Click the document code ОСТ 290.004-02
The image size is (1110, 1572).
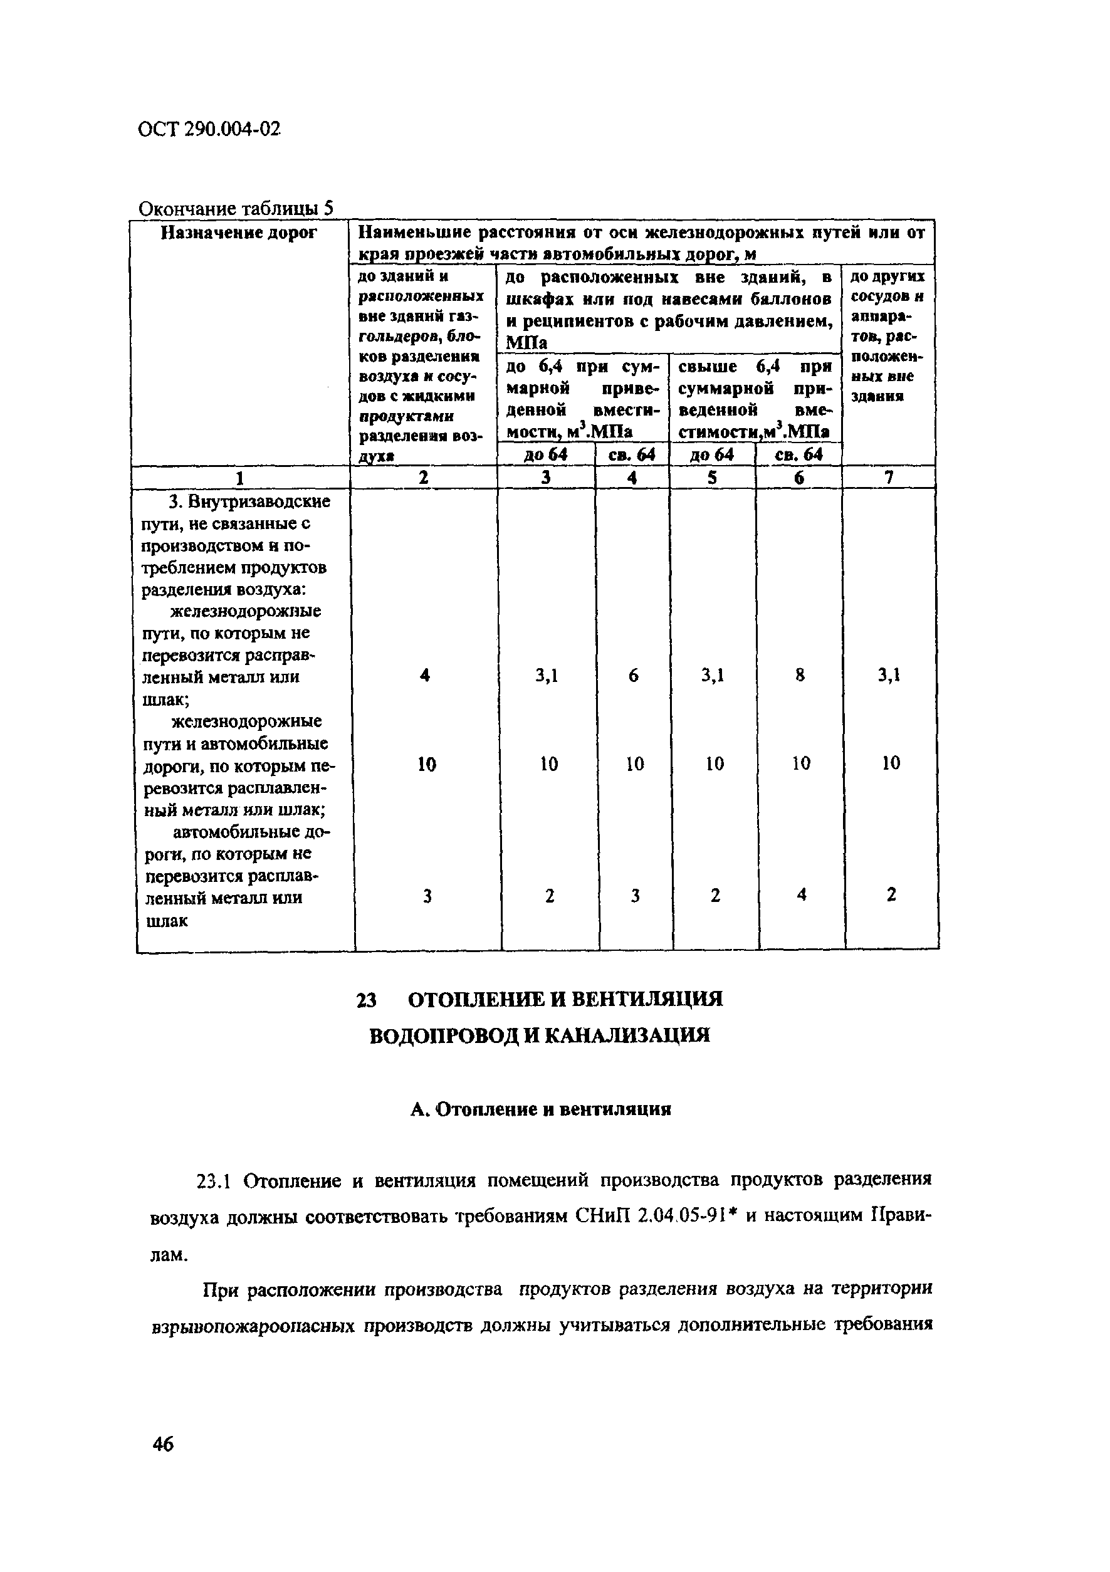point(209,128)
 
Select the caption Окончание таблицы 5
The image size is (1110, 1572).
point(236,208)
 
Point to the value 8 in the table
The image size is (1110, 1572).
point(800,676)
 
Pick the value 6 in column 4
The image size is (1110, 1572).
point(634,676)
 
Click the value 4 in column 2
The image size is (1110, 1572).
point(425,676)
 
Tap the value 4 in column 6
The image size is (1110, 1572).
point(801,894)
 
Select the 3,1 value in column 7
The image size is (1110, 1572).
point(889,676)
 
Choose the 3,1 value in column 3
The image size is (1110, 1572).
point(547,676)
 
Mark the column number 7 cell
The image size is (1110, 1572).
point(889,477)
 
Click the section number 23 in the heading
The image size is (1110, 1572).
point(367,1000)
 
